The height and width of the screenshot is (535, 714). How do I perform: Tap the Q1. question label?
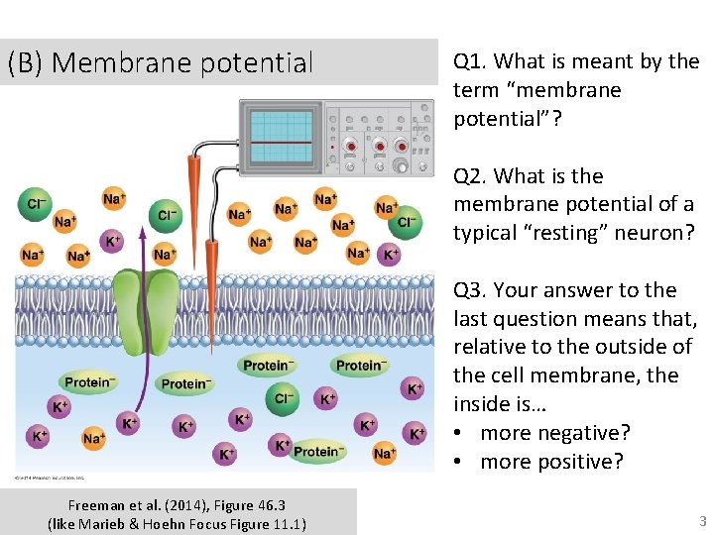point(471,61)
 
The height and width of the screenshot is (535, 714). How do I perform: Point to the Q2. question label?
point(471,176)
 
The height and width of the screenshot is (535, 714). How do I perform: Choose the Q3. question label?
point(471,290)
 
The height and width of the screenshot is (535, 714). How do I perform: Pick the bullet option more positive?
point(551,462)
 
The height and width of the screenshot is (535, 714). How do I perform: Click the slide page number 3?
point(702,521)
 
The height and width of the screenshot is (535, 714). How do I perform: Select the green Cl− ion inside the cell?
point(284,399)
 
